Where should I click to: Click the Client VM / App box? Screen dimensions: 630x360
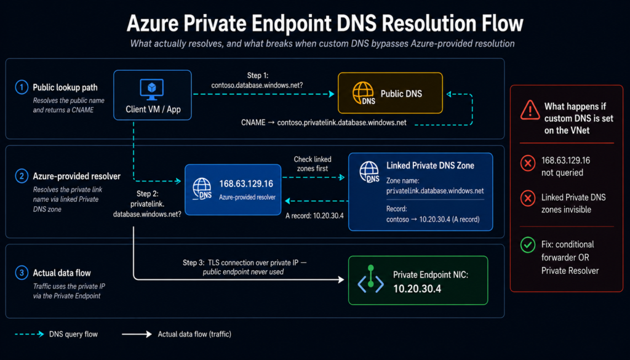[153, 95]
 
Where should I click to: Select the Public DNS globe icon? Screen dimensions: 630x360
[364, 93]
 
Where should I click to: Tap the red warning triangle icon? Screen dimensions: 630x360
[530, 110]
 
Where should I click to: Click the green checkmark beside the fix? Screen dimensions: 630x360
[527, 245]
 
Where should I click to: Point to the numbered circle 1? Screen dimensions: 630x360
[22, 87]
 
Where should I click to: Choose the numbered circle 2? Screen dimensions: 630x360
[22, 176]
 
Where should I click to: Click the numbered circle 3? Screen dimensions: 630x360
[22, 273]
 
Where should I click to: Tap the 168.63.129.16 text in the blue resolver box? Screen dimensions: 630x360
[246, 183]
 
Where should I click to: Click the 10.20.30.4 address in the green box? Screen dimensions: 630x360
[417, 289]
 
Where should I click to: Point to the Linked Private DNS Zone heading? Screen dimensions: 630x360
[430, 166]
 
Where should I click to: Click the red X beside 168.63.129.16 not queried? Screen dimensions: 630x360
[527, 164]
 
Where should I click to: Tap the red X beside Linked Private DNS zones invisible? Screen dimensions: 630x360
[527, 199]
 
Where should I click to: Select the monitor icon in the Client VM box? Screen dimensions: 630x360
[151, 89]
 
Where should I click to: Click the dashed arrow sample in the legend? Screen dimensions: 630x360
[30, 334]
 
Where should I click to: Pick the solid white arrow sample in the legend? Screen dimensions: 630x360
[137, 334]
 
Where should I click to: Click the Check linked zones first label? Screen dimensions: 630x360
[312, 164]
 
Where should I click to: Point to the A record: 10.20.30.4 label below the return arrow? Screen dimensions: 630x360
[314, 216]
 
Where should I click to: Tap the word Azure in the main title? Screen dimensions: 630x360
[152, 24]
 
